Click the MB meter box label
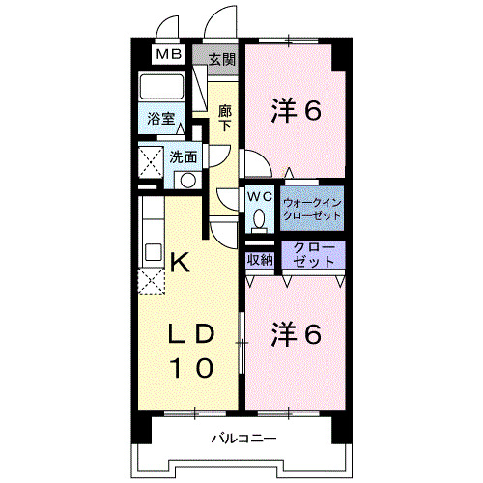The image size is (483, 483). coord(169,56)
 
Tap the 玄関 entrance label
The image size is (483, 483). coord(221,58)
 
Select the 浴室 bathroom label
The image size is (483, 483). coord(160,120)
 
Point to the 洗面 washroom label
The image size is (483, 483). coord(184,156)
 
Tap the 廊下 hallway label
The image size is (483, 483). coord(224,117)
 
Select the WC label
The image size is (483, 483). coord(260,196)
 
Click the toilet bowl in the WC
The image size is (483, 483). coord(260,218)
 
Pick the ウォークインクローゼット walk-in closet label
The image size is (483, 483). coord(312,209)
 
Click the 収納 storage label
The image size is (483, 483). coord(259,258)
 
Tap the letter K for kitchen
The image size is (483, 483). coord(179,260)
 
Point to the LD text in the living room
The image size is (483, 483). coord(191,334)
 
